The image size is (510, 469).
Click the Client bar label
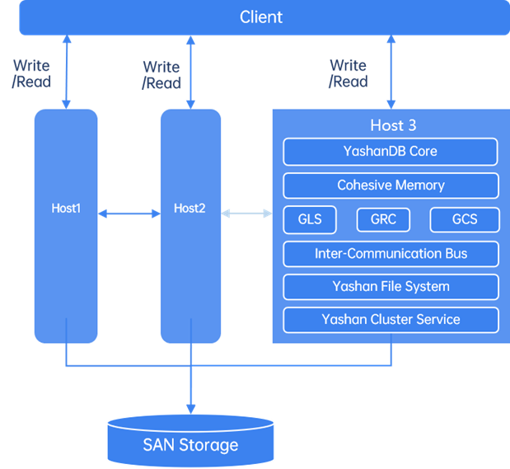click(261, 17)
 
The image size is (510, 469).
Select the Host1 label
click(66, 209)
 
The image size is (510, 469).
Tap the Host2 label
click(189, 209)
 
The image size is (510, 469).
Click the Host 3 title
click(393, 126)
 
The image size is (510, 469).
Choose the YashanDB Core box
click(391, 152)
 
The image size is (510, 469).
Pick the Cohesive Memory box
click(391, 185)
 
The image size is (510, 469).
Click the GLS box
click(303, 220)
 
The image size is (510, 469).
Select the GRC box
click(383, 220)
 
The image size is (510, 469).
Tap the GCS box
click(465, 220)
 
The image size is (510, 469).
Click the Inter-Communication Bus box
click(391, 254)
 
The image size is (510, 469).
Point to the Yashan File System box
click(391, 287)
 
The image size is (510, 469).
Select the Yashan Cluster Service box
click(391, 320)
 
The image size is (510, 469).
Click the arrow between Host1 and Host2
click(129, 214)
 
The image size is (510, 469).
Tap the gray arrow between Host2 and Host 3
click(246, 214)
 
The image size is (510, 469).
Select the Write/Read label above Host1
click(32, 73)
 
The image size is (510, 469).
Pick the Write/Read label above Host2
click(161, 75)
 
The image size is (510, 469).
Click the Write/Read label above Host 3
click(348, 73)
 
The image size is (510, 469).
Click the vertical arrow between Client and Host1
click(66, 73)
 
